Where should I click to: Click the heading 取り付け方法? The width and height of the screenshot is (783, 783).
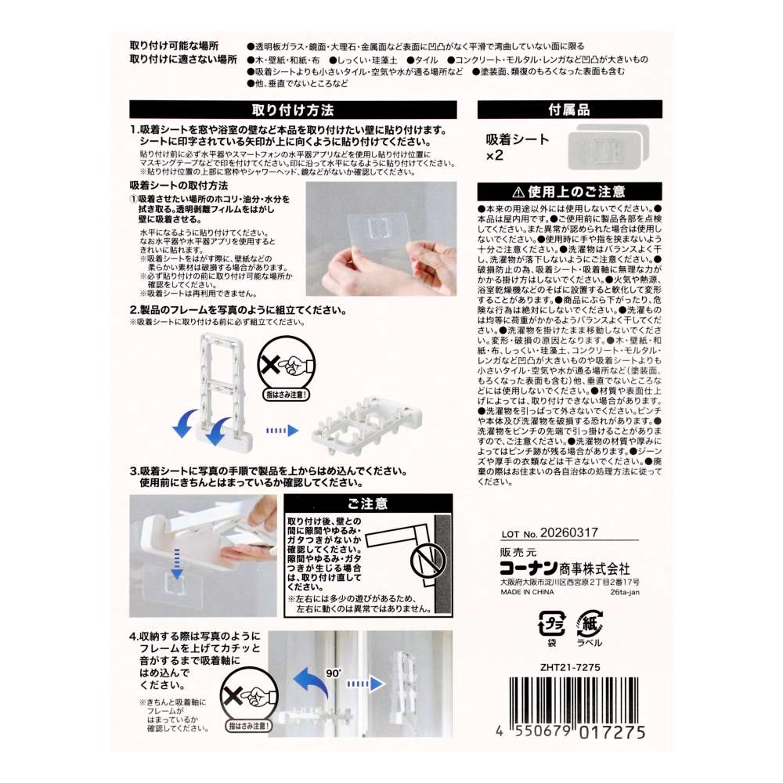tap(293, 110)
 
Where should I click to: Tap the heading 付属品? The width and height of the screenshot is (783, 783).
tap(569, 110)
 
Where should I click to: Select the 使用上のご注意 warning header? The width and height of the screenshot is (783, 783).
tap(569, 192)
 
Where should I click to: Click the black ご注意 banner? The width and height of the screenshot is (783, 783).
tap(368, 503)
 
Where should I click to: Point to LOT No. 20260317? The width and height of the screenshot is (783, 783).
tap(550, 532)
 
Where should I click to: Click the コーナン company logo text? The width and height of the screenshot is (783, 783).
tap(529, 568)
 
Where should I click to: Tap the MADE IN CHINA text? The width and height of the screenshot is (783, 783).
tap(527, 592)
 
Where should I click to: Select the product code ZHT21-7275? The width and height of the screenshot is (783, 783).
tap(570, 667)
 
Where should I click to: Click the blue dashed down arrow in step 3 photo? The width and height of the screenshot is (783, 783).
tap(177, 564)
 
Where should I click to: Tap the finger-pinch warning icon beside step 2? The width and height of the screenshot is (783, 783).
tap(286, 371)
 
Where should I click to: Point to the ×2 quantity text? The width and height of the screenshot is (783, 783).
tap(494, 156)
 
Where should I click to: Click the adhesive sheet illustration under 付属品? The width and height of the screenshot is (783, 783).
tap(608, 146)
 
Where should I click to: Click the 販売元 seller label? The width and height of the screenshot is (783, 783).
tap(518, 552)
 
